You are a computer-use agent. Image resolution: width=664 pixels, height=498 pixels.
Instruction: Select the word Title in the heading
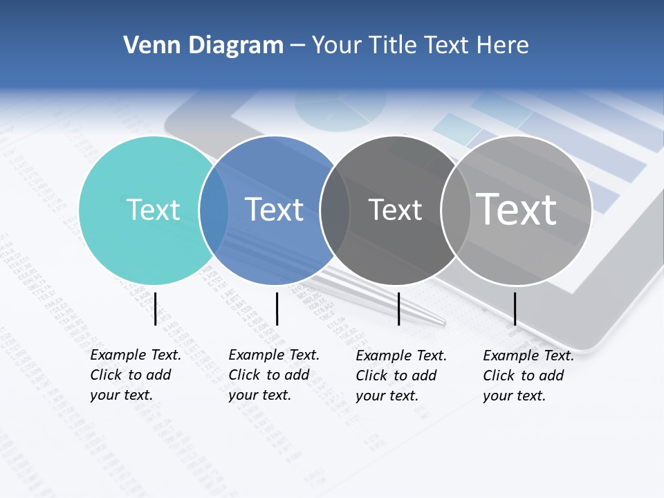pyautogui.click(x=392, y=46)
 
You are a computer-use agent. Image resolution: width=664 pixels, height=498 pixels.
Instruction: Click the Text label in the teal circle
pyautogui.click(x=153, y=210)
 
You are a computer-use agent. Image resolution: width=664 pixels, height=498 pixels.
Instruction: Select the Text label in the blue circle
pyautogui.click(x=274, y=210)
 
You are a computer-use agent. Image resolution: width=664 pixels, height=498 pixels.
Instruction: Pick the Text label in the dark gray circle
pyautogui.click(x=395, y=210)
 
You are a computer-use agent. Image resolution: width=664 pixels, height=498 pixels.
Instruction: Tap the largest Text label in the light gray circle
pyautogui.click(x=516, y=209)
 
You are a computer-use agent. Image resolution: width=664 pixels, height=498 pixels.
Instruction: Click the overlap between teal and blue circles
pyautogui.click(x=214, y=210)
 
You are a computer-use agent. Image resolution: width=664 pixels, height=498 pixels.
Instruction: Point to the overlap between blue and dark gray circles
pyautogui.click(x=335, y=210)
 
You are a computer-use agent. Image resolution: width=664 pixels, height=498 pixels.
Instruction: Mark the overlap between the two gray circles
pyautogui.click(x=454, y=210)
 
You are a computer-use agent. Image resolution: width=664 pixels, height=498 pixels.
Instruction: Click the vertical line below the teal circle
pyautogui.click(x=155, y=308)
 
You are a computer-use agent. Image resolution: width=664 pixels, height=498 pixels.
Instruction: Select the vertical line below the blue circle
pyautogui.click(x=277, y=308)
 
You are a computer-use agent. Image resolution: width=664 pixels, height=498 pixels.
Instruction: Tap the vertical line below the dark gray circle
pyautogui.click(x=398, y=308)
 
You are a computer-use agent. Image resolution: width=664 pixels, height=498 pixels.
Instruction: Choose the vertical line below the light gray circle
pyautogui.click(x=515, y=308)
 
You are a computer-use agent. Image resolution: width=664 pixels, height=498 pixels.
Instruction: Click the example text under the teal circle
pyautogui.click(x=136, y=375)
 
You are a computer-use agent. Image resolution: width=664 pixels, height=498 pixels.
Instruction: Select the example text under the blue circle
pyautogui.click(x=274, y=375)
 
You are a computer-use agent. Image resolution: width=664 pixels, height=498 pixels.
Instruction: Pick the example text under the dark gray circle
pyautogui.click(x=401, y=376)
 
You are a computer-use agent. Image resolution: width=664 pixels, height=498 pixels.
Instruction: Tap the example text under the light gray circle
pyautogui.click(x=528, y=376)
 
